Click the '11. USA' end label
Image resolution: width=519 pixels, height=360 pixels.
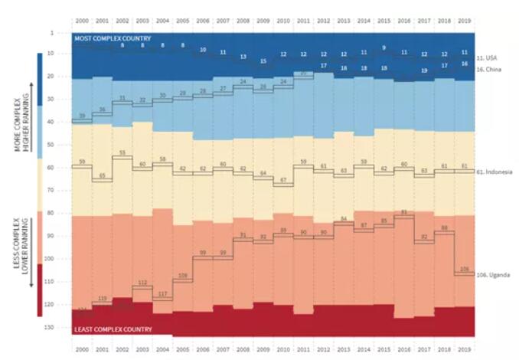pos(487,57)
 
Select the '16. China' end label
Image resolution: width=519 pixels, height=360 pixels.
pos(488,69)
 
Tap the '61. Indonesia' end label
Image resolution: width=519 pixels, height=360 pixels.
pos(493,172)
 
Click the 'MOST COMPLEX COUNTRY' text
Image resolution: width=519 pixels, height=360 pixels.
pos(113,38)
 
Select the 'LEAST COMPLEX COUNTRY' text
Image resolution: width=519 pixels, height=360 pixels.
pos(113,329)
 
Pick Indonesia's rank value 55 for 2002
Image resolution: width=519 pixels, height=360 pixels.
pos(122,154)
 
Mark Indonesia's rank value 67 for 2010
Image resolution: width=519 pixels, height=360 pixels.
pos(282,180)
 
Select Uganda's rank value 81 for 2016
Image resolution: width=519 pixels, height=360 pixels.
pos(403,211)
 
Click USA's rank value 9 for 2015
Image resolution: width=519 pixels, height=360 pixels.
pos(384,48)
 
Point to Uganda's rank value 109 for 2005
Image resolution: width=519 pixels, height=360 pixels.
pos(182,276)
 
